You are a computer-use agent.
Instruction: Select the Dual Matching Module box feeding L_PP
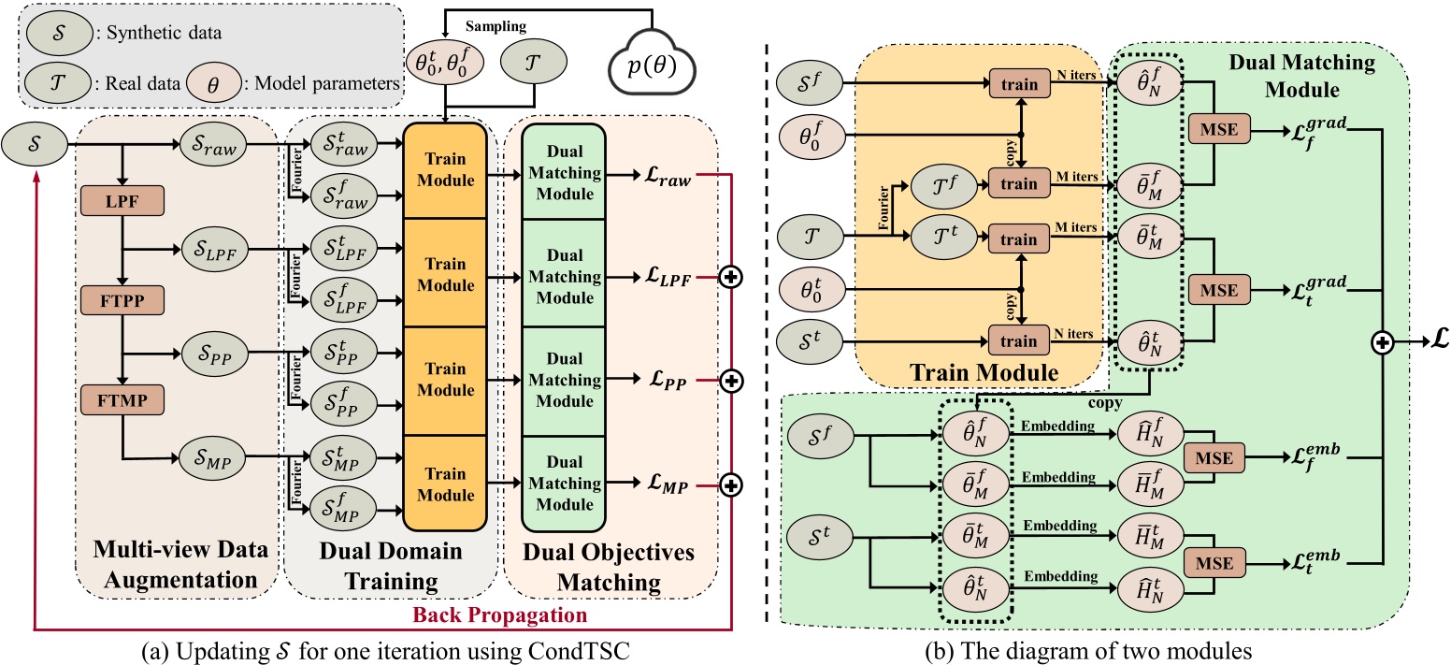point(562,382)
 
